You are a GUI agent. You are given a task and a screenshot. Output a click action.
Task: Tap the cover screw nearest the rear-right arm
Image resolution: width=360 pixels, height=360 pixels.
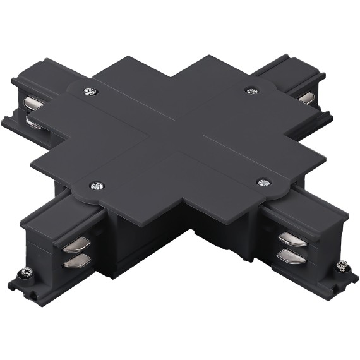tap(253, 91)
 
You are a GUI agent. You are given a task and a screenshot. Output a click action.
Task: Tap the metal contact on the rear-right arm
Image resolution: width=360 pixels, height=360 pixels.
tap(307, 96)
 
